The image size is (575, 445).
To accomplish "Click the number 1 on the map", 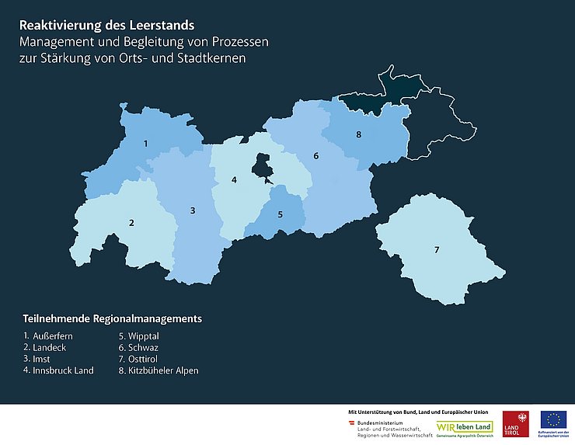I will coord(145,144).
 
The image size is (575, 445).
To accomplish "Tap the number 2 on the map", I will coord(131,224).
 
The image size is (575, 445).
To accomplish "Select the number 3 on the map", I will coord(193,210).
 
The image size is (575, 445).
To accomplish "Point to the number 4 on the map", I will coord(234,180).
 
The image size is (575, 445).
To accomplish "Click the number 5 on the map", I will coord(280,214).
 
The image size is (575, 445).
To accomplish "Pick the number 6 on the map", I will coord(316,156).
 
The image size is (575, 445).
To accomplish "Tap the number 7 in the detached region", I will coord(437,249).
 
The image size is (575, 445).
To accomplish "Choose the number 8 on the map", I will coord(358,135).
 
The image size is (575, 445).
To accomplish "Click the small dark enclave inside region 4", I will coord(263,165).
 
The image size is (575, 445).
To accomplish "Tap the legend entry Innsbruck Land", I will coord(58,370).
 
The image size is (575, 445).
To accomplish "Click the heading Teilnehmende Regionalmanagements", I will coord(112,318).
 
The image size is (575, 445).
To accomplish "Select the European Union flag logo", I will coord(553,420).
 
